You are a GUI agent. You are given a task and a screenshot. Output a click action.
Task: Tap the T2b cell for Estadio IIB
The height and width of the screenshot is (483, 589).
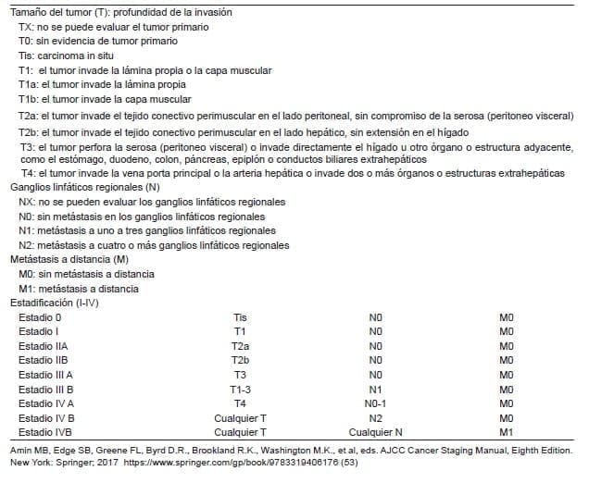coord(240,359)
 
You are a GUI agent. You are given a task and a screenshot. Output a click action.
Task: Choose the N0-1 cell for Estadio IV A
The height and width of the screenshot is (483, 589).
coord(375,402)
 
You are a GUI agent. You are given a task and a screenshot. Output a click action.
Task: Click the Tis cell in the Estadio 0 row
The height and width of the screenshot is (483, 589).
coord(240,316)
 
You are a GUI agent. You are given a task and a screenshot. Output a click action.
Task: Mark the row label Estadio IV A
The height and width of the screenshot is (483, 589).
coord(46,402)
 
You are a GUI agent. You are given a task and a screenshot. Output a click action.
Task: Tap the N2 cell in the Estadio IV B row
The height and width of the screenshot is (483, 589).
coord(375,416)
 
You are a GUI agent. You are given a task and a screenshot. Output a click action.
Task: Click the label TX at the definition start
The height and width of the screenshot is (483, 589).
coord(25,27)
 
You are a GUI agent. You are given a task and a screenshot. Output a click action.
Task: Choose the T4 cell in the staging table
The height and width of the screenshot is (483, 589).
coord(240,402)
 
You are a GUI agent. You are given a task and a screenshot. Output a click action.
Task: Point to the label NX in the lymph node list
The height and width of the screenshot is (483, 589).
coord(26,201)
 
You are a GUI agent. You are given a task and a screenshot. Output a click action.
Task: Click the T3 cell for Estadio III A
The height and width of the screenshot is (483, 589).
coord(240,374)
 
